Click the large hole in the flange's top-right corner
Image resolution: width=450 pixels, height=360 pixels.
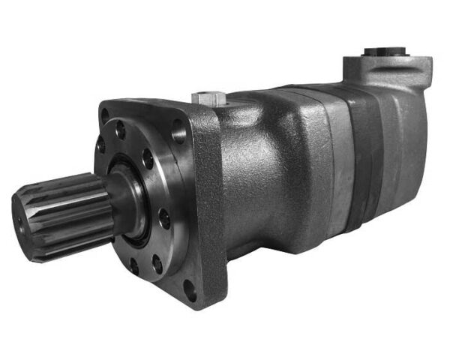pos(178,134)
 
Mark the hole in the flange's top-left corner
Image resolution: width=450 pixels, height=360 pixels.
pos(105,116)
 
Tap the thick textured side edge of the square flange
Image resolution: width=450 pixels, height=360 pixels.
pos(213,202)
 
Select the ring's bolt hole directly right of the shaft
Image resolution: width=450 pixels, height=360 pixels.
pos(164,217)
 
